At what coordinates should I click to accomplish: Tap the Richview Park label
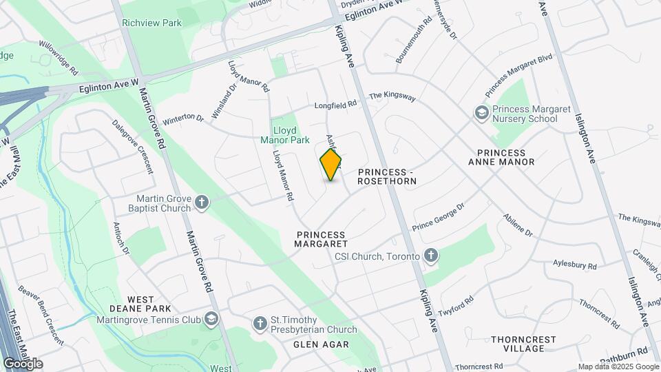(x=151, y=23)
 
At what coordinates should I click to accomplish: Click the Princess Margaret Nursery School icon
(x=482, y=112)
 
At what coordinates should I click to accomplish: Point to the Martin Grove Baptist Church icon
(x=202, y=202)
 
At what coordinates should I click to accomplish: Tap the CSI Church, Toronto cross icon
(x=431, y=256)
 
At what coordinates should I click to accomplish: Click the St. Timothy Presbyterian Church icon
(x=260, y=322)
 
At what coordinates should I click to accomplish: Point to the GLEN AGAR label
(x=321, y=344)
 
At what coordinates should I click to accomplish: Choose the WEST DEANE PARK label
(x=140, y=304)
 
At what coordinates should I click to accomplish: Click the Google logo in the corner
(x=23, y=363)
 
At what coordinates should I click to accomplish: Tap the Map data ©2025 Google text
(x=618, y=366)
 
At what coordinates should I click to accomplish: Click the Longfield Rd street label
(x=336, y=105)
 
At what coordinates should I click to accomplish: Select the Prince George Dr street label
(x=439, y=216)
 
